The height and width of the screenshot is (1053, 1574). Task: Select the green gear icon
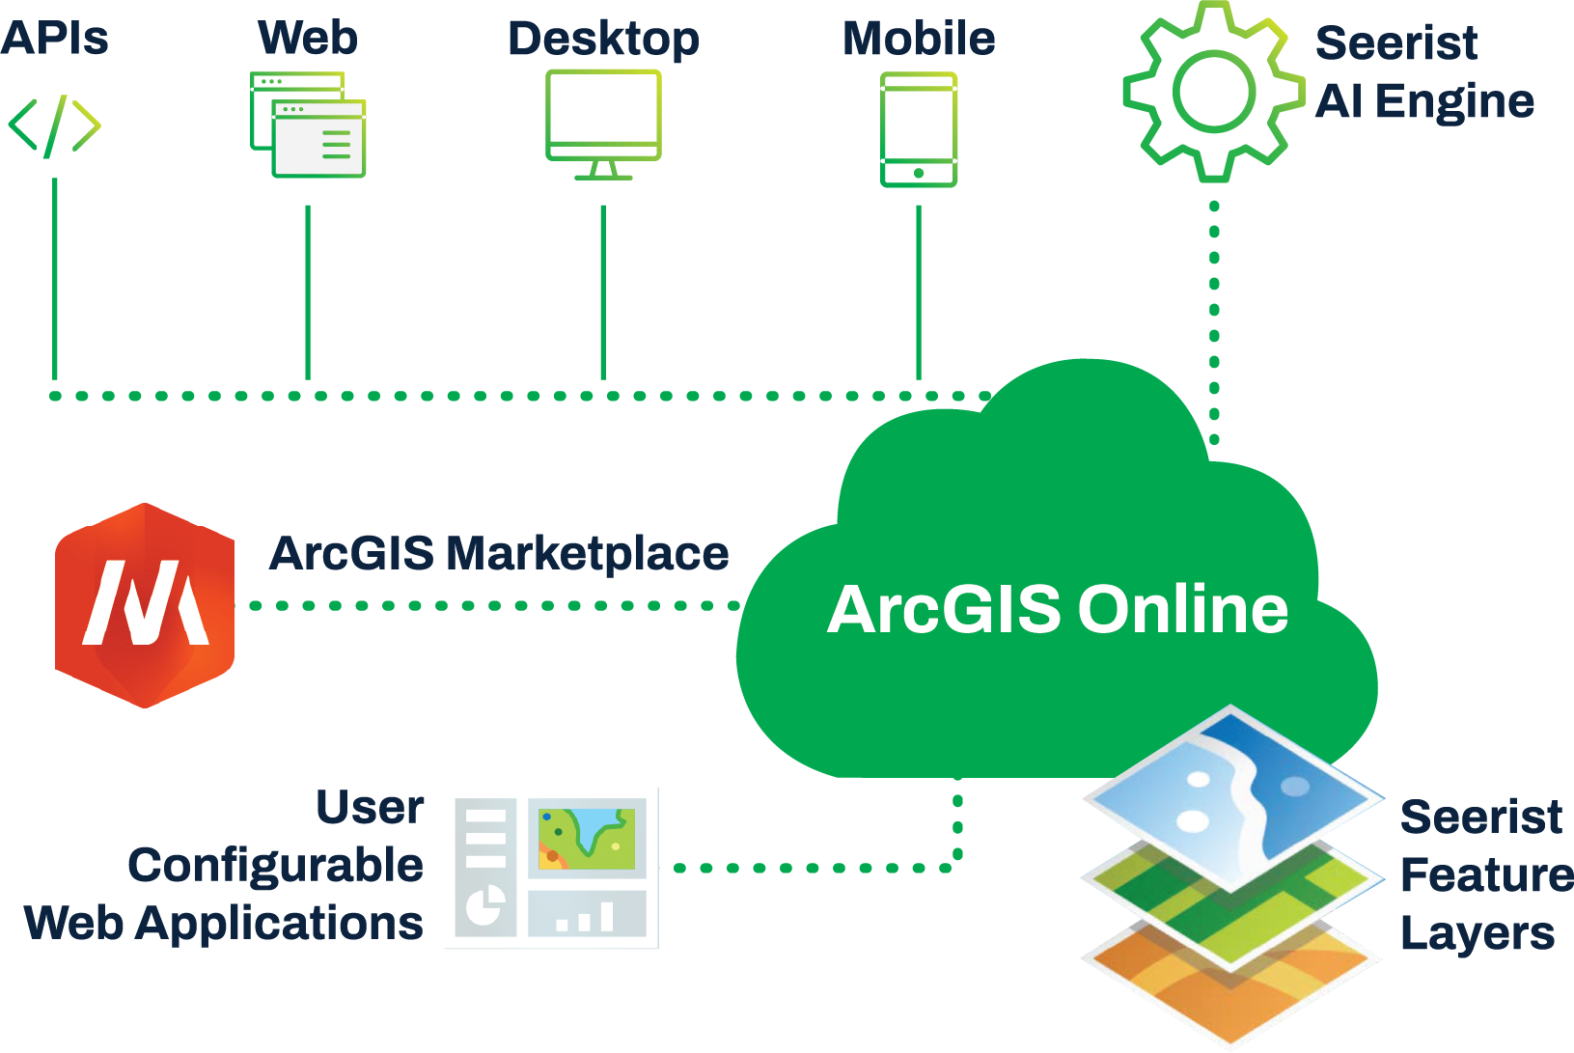(x=1210, y=93)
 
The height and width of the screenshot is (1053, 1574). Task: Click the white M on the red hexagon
(x=145, y=603)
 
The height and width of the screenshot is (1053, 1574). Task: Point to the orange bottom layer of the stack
(x=1229, y=984)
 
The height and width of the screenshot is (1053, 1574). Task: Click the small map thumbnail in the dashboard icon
(x=587, y=839)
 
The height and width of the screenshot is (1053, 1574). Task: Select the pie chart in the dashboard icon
(x=484, y=905)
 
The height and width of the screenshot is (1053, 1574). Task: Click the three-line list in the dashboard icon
(x=485, y=838)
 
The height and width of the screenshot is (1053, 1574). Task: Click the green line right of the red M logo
(x=492, y=605)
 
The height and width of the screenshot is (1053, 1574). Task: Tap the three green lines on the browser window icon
(x=336, y=143)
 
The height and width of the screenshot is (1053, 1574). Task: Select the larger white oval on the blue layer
(x=1194, y=821)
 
